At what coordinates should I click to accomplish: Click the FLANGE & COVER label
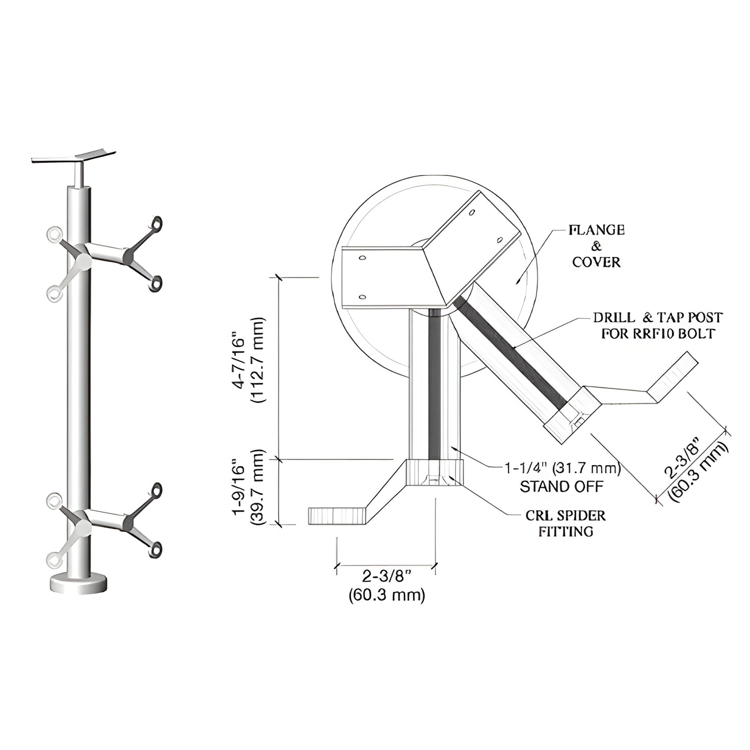[596, 246]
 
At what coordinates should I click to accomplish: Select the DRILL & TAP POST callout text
[658, 325]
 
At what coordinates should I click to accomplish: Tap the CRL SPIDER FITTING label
[565, 523]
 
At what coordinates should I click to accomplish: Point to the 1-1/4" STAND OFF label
[563, 477]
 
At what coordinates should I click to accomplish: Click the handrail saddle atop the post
[74, 156]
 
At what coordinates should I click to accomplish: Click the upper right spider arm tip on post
[156, 223]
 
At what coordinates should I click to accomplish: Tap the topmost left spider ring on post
[53, 235]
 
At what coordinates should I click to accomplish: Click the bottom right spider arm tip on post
[155, 549]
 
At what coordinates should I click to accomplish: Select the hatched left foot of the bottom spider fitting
[337, 516]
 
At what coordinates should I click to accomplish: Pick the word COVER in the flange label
[596, 262]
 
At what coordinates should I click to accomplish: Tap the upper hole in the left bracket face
[363, 257]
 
